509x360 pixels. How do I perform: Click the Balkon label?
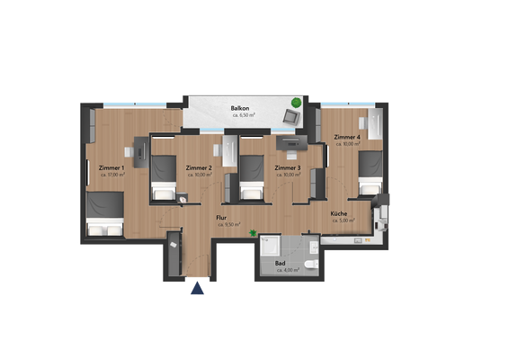click(x=239, y=108)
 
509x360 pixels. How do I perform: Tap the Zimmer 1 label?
click(x=112, y=167)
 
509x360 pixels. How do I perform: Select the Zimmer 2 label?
click(x=199, y=167)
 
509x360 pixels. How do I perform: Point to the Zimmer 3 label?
click(x=288, y=167)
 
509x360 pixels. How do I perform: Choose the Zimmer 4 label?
click(x=347, y=137)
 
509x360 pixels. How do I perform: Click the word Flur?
click(x=221, y=218)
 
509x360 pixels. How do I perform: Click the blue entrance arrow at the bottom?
click(x=196, y=288)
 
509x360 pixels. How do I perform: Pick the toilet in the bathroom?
click(x=309, y=264)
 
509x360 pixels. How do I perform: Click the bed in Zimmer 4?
click(x=371, y=173)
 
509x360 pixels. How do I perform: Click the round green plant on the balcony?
click(x=297, y=101)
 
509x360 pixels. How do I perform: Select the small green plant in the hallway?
click(x=254, y=233)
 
